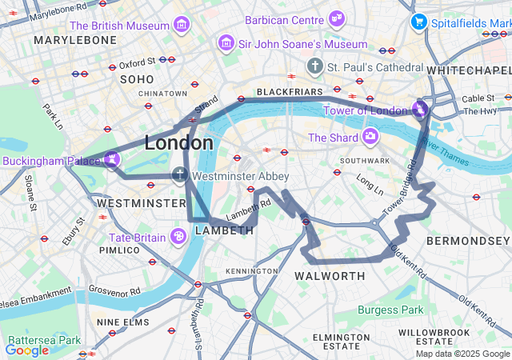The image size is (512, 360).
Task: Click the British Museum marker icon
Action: (x=182, y=25)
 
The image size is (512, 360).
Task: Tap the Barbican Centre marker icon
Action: (x=337, y=18)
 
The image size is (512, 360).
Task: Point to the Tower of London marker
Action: (x=420, y=109)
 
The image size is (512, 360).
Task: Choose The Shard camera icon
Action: (x=370, y=137)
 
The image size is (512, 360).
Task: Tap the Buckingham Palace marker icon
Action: (x=112, y=160)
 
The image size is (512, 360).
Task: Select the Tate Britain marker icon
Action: (x=178, y=236)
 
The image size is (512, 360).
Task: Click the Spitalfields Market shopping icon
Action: (x=418, y=22)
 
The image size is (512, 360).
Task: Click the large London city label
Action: (x=178, y=143)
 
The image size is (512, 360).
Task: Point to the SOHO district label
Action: (x=136, y=79)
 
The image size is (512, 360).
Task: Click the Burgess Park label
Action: (x=390, y=310)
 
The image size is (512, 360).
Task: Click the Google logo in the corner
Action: (x=26, y=350)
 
